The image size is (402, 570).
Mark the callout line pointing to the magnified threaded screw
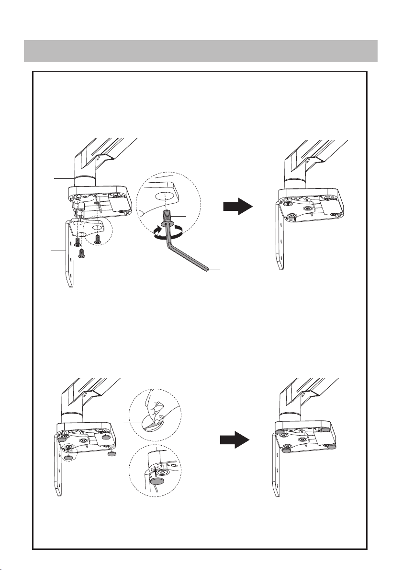[x=181, y=218]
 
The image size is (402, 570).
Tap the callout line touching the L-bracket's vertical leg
[x=58, y=250]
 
